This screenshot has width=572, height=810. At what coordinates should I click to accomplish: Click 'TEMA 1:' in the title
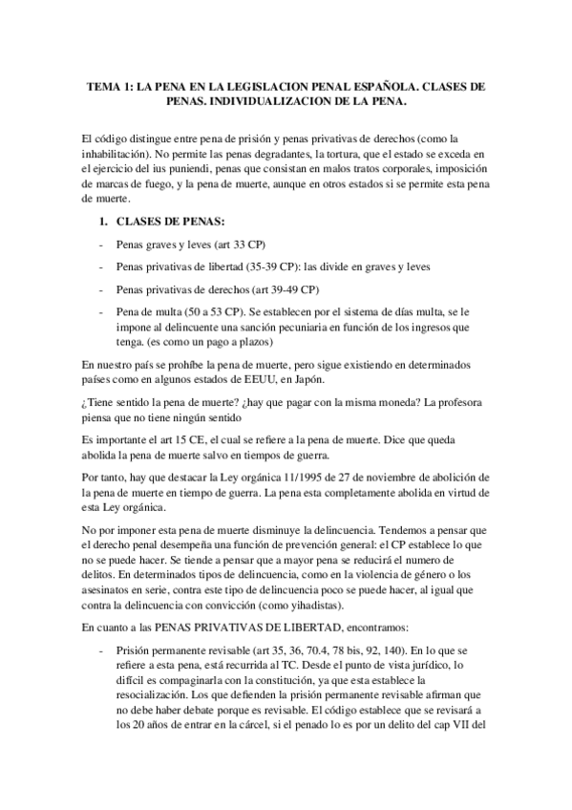click(111, 86)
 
